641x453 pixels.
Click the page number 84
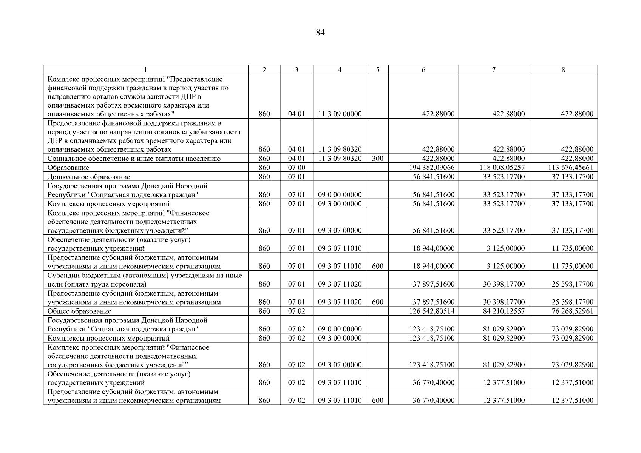click(x=320, y=33)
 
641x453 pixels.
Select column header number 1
click(x=145, y=70)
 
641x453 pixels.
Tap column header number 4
click(x=340, y=70)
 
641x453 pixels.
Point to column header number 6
click(x=423, y=70)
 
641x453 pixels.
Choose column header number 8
click(x=563, y=70)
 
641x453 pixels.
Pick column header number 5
click(x=377, y=70)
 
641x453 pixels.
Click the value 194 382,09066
click(x=432, y=168)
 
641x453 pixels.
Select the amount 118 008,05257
click(x=502, y=168)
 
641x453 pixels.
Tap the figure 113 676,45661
click(x=571, y=168)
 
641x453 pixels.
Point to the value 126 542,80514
click(x=432, y=311)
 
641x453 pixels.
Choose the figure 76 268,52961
click(x=572, y=311)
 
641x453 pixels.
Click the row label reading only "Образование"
click(x=68, y=168)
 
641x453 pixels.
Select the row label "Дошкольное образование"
click(x=89, y=177)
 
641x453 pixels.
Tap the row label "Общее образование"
click(x=79, y=311)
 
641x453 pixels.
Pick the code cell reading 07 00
click(x=297, y=168)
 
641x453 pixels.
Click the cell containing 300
click(x=377, y=159)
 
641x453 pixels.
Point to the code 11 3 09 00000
click(x=340, y=114)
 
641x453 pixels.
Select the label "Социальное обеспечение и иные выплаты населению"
click(x=134, y=159)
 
